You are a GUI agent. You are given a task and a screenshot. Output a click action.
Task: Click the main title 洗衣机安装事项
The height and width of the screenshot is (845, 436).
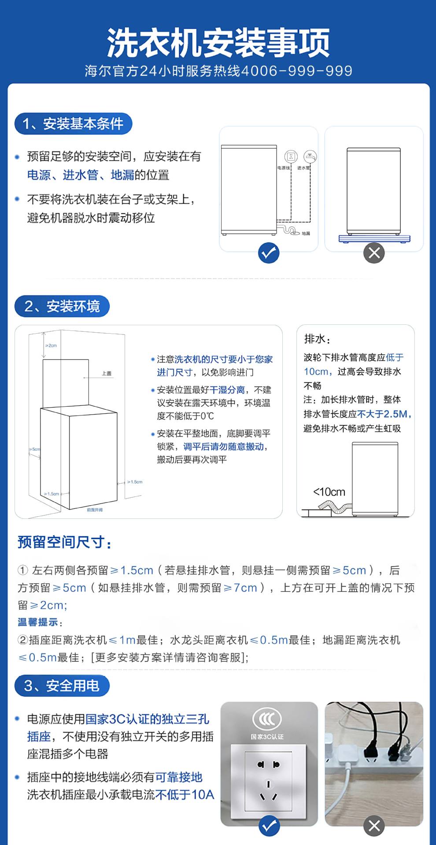pos(218,43)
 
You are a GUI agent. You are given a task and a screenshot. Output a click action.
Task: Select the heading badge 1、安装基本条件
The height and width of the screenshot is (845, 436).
pos(73,124)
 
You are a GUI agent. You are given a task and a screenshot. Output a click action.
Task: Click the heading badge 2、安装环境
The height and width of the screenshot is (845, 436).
pos(62,306)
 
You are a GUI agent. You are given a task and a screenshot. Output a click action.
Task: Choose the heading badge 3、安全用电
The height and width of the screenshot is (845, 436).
pos(62,685)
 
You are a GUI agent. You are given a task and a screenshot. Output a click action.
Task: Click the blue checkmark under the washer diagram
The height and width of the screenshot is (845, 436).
pos(269,253)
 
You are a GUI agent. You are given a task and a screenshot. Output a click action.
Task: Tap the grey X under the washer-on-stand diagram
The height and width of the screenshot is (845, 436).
pos(374,253)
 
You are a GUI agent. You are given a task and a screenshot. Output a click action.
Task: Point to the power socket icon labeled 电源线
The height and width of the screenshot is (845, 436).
pos(291,157)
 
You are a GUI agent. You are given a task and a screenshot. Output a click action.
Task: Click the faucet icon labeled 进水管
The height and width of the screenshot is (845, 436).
pos(310,157)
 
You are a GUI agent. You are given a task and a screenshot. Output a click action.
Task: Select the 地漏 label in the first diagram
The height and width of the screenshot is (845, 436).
pos(306,233)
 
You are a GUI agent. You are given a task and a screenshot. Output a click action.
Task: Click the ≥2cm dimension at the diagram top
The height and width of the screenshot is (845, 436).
pos(51,345)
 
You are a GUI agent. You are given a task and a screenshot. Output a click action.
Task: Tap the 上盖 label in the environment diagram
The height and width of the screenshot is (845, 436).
pos(107,373)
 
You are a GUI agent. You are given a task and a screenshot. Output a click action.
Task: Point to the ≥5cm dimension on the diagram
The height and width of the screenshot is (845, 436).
pos(35,449)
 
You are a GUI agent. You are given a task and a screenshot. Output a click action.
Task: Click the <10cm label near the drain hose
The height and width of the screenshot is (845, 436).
pos(329,492)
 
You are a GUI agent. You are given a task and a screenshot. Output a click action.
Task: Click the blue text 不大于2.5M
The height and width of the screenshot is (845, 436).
pos(382,414)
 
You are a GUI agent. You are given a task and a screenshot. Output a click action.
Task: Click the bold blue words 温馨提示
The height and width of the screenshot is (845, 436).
pos(38,622)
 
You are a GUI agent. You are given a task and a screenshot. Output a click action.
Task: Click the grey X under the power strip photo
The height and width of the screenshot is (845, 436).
pos(374,826)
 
